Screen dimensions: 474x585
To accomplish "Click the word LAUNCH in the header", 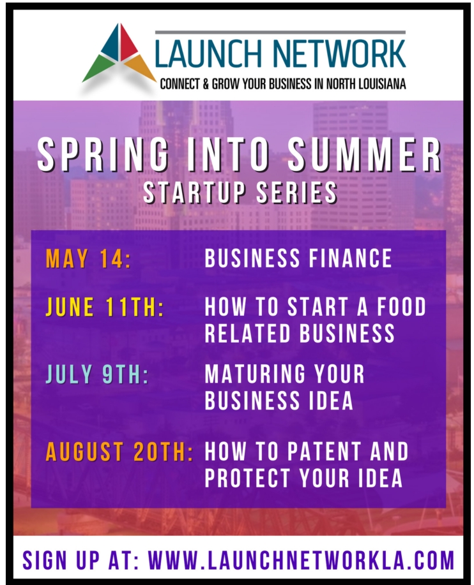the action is pos(208,54).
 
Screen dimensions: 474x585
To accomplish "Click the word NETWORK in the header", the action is pos(339,54).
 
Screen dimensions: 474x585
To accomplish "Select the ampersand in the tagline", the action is pos(206,84).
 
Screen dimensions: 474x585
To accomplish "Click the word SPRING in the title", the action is pos(103,154).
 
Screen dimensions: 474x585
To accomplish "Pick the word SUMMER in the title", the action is pos(365,154).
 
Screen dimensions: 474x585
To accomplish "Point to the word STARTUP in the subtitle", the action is pos(194,193).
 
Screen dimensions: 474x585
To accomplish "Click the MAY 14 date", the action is pos(89,258).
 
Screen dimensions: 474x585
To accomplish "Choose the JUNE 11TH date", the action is pos(105,307).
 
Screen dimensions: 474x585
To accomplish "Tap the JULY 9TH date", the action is pos(97,374).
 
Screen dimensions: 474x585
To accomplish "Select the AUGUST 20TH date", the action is pos(119,452).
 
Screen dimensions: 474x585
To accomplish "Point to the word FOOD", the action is pos(401,307).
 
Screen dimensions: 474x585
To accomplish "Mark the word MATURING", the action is pos(255,374).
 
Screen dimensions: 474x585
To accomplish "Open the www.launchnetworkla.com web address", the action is pos(301,560).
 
